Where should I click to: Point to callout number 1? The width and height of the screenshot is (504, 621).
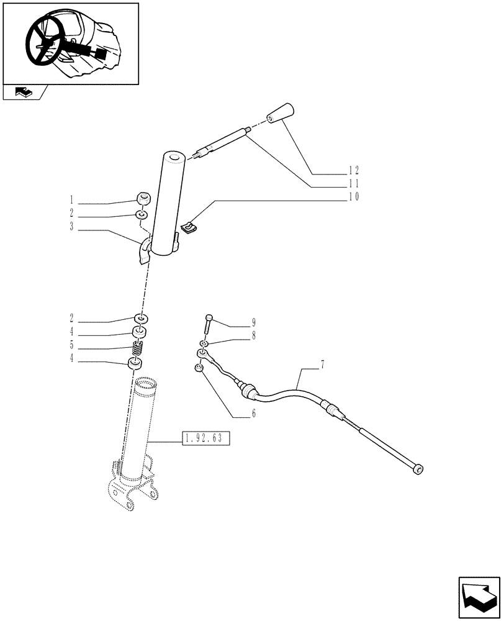point(72,201)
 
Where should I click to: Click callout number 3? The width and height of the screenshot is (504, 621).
point(72,228)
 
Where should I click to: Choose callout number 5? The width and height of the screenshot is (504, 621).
point(72,345)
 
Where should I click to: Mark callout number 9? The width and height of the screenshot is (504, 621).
point(253,322)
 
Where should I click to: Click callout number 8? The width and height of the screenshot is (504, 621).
point(253,336)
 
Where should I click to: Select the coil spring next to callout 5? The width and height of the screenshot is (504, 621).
point(140,350)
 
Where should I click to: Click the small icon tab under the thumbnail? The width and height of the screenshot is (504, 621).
point(24,93)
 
